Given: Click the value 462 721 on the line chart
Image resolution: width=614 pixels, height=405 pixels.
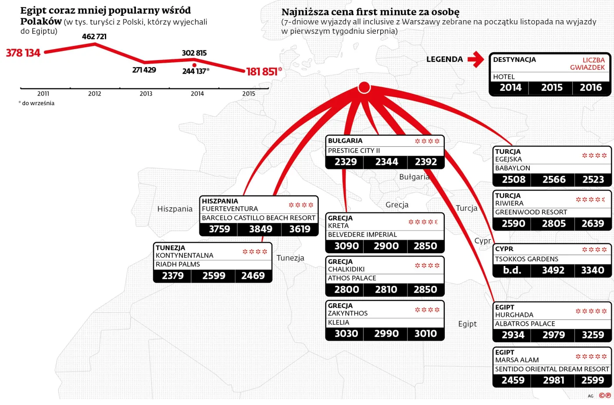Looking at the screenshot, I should tap(94, 36).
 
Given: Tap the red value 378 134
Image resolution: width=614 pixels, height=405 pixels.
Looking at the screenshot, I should tap(23, 53).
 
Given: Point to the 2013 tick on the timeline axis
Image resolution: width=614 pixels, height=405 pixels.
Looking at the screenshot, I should tap(146, 93).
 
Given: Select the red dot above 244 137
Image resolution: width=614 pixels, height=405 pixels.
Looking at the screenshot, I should tap(194, 65).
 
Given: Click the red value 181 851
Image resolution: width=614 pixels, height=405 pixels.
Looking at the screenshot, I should tap(262, 71).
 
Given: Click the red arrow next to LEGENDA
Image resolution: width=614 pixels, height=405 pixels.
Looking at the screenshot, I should tap(475, 59).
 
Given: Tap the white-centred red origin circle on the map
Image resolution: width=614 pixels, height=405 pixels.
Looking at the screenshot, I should tap(364, 88).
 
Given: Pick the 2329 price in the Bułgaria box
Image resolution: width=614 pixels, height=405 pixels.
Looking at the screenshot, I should tap(346, 162).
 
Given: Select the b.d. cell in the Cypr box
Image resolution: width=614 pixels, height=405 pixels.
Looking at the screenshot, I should tap(512, 270).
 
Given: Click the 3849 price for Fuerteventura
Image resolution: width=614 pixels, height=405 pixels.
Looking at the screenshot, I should tap(261, 229).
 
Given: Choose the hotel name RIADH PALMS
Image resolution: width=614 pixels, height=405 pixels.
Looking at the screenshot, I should tap(178, 264).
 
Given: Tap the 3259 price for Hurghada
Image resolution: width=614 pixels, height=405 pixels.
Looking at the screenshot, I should tap(593, 335).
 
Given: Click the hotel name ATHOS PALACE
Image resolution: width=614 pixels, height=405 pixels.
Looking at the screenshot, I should tap(352, 278).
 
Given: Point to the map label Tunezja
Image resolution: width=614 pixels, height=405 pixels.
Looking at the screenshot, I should tap(290, 258).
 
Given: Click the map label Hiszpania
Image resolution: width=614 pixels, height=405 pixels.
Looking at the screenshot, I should tap(175, 209).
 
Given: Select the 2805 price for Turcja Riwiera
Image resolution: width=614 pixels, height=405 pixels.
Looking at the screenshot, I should tap(553, 224).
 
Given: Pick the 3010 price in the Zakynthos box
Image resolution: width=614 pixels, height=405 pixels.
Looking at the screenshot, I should tap(425, 334).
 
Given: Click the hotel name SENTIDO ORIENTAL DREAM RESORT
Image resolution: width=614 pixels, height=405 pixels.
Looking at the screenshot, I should tap(552, 369).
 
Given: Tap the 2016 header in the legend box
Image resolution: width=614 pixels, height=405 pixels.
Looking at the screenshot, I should tap(591, 88).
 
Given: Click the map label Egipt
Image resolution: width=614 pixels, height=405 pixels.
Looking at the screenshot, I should tap(467, 324).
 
